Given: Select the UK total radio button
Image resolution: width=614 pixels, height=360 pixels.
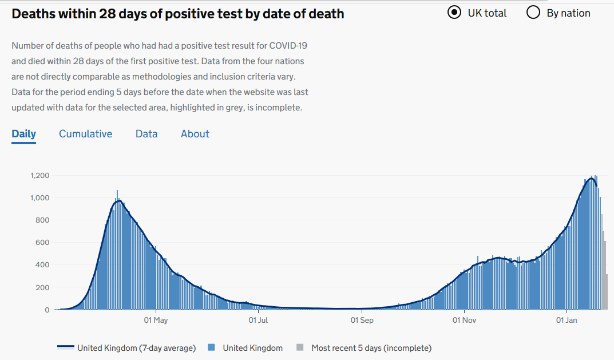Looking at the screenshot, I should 454,13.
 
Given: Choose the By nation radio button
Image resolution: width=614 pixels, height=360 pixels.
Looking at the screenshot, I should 533,13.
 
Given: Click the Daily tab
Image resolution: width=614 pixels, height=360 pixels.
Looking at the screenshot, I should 23,134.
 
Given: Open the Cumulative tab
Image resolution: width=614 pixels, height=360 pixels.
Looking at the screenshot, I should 85,134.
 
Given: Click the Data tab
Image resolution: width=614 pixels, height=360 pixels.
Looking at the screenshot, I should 146,134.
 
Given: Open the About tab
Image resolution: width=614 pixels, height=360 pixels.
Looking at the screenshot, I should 195,134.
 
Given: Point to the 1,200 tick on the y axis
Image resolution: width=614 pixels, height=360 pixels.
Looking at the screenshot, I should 39,176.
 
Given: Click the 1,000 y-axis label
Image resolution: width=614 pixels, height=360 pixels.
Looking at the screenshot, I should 39,198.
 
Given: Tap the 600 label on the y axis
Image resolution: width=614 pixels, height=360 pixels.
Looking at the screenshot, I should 43,243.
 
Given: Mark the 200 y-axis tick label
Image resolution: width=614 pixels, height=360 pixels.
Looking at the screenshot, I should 43,287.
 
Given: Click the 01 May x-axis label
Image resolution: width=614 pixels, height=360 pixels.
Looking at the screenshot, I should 156,321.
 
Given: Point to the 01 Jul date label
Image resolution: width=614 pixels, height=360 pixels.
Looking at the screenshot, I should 259,321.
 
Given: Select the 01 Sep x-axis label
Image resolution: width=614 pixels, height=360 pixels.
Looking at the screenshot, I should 362,321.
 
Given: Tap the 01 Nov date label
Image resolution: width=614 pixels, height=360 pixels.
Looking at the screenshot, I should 464,321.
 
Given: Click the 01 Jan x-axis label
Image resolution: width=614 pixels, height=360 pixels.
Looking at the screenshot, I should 567,321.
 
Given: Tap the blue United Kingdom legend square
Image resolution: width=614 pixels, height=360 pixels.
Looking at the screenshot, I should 211,347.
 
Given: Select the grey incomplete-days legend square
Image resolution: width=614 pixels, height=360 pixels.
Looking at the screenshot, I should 300,347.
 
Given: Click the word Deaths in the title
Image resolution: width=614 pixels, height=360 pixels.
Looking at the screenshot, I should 34,14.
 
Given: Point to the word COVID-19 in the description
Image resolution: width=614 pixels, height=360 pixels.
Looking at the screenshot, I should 291,45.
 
